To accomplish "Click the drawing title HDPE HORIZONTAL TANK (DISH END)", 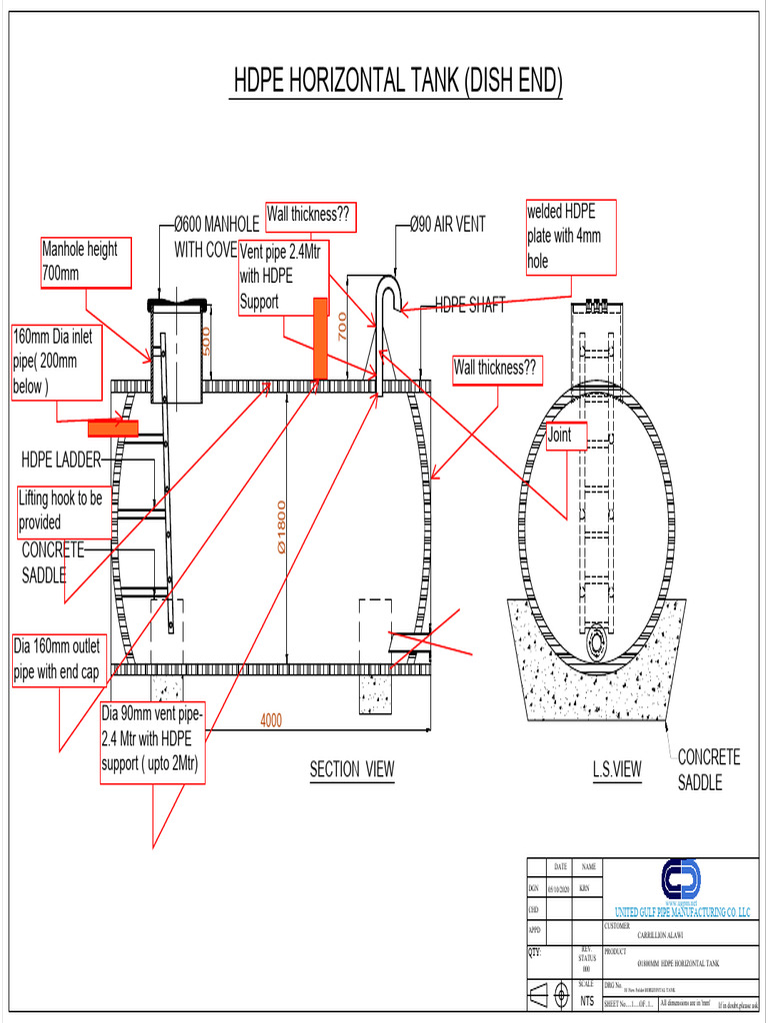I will coord(397,82).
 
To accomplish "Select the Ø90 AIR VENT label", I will coord(448,225).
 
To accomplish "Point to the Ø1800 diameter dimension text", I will coord(282,526).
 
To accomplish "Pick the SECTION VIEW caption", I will coord(351,769).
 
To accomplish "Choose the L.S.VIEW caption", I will coord(616,769).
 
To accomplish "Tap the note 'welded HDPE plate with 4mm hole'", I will coord(571,236).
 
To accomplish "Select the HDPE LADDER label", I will coord(61,460).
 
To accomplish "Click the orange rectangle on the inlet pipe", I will coord(113,428).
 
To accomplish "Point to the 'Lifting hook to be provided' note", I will coord(61,510).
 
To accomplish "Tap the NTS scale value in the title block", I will coord(586,1001).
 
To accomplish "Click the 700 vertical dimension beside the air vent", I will coord(342,326).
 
